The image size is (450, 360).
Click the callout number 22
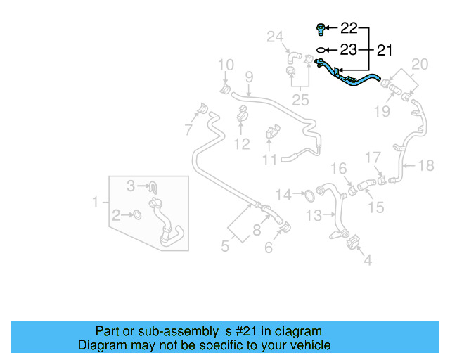tap(349, 28)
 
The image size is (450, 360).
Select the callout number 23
tap(349, 50)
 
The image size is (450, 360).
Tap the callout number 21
tap(385, 50)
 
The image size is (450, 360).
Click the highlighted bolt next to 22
tap(321, 29)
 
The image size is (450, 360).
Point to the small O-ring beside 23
tap(321, 50)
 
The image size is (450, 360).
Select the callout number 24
tap(274, 36)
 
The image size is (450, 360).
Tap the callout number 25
tap(300, 101)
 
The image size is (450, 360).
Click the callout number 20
tap(419, 65)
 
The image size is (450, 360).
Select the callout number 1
tap(96, 202)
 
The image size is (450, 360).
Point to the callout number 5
tap(225, 247)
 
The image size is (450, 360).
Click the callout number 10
tap(225, 65)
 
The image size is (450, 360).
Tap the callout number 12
tap(242, 145)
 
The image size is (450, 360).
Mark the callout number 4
tap(367, 260)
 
